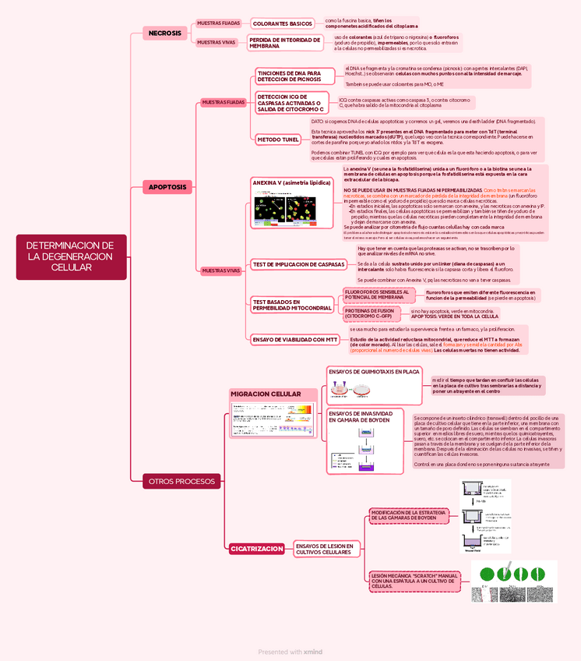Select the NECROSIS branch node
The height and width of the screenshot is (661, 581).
coord(164,34)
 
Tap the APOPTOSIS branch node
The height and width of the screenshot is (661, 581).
coord(167,187)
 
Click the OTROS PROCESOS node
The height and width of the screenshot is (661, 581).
coord(181,481)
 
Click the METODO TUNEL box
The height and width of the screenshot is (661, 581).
coord(278,140)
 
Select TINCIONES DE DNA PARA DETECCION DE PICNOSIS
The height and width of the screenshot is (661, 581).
coord(288,76)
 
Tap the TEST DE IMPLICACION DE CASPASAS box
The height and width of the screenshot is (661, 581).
coord(298,264)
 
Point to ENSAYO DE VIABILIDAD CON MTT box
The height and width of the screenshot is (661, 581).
coord(294,339)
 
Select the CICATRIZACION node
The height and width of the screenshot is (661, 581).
coord(256,549)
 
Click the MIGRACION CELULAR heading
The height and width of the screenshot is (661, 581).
coord(265,394)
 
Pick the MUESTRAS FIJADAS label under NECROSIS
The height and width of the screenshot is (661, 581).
coord(218,23)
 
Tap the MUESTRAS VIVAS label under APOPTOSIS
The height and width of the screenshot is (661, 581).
coord(222,270)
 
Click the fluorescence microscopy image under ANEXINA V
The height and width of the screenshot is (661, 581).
coord(283,208)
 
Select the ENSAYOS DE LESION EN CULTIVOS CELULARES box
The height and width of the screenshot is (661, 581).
coord(323,549)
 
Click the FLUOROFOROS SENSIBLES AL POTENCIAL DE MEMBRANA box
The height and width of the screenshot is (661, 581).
coord(376,294)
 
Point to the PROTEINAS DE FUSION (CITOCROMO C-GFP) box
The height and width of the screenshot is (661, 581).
coord(370,313)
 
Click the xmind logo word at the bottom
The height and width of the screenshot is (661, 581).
coord(313,652)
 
